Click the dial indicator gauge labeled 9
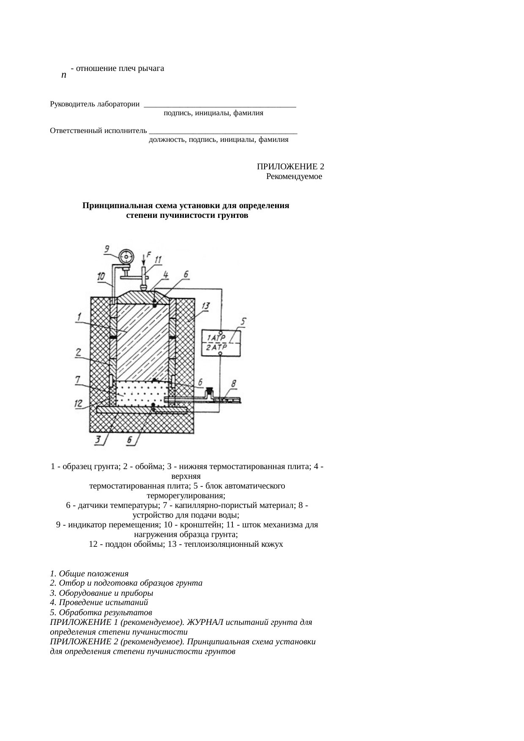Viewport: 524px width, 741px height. [126, 256]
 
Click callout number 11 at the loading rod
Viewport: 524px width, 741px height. [158, 260]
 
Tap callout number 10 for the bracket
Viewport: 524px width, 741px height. [101, 277]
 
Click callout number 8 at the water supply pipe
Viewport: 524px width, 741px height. [234, 383]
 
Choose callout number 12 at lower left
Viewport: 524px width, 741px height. [79, 404]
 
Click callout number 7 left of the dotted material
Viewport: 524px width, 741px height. [79, 380]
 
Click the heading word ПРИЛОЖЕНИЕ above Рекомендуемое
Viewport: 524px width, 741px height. [287, 167]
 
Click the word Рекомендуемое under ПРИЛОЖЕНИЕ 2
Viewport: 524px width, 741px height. [294, 176]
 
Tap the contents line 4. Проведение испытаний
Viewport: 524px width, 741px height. [99, 602]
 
